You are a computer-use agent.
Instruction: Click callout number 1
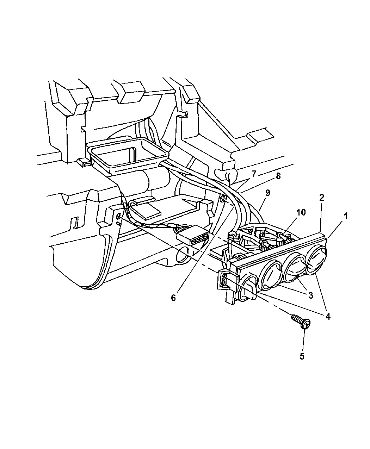346,216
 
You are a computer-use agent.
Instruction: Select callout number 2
322,198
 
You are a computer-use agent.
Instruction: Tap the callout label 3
310,296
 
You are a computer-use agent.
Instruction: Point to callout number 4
328,317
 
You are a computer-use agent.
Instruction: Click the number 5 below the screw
302,356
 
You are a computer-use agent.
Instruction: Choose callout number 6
173,298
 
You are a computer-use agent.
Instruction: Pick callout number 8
278,176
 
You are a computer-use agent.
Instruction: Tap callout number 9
267,193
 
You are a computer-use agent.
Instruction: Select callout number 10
301,212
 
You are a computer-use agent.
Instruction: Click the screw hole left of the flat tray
118,217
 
